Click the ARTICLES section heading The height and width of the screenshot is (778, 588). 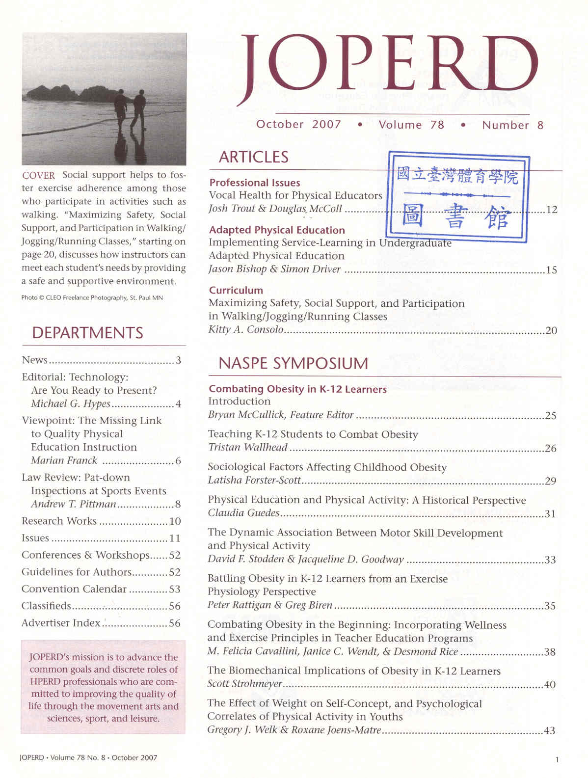(x=253, y=157)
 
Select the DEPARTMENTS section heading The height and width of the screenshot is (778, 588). (x=87, y=333)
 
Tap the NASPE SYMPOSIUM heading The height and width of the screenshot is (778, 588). (x=293, y=364)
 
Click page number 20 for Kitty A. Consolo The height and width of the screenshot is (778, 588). (x=551, y=330)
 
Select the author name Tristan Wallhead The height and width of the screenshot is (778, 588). (x=247, y=447)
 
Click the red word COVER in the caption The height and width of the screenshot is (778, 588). (x=38, y=175)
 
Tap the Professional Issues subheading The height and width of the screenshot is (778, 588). (x=254, y=183)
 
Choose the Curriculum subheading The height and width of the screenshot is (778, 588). (x=236, y=290)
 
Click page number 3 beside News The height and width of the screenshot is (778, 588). (x=178, y=360)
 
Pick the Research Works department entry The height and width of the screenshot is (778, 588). (x=59, y=521)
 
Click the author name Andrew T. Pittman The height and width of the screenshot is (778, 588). (x=74, y=504)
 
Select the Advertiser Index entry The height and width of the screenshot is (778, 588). (x=61, y=623)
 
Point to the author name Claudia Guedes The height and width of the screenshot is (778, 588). (x=243, y=513)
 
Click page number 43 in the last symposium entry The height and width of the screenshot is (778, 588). (x=550, y=730)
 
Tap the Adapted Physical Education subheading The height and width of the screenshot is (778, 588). (x=277, y=230)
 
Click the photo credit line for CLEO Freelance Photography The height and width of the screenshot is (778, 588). (x=92, y=297)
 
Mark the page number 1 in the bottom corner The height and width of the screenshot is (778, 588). (x=557, y=760)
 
